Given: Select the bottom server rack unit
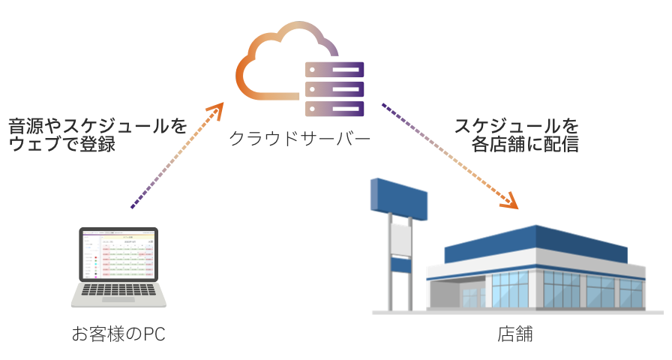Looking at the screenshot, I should click(334, 107).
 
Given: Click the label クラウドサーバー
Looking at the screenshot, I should click(299, 139).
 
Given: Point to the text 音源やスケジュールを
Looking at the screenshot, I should click(97, 125).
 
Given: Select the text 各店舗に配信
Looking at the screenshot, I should click(525, 144).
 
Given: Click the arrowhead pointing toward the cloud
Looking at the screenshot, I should click(217, 111).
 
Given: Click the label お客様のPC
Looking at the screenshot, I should click(118, 334).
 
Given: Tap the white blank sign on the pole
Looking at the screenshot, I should click(400, 238).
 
